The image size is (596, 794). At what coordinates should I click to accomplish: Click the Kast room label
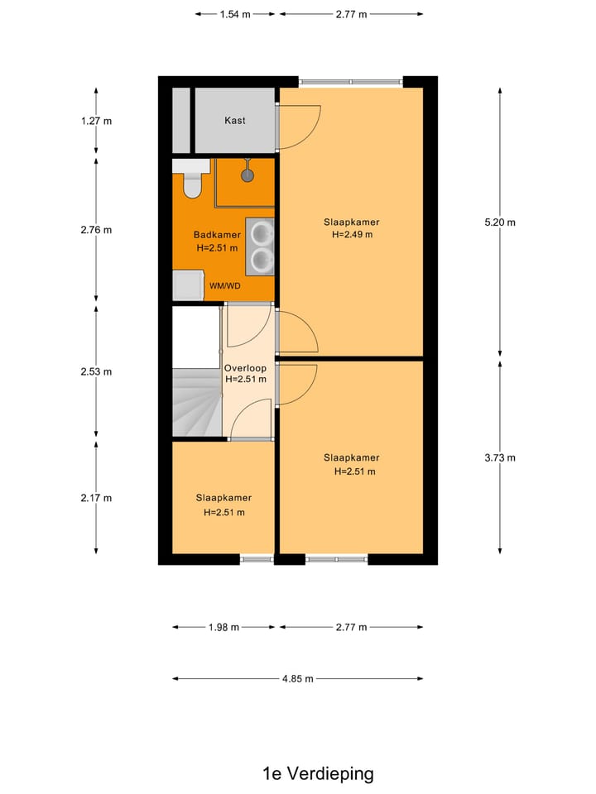pyautogui.click(x=235, y=121)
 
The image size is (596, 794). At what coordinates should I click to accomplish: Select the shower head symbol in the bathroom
pyautogui.click(x=247, y=174)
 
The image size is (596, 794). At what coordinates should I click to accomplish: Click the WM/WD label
pyautogui.click(x=224, y=286)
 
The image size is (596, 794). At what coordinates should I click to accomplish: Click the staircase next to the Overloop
pyautogui.click(x=196, y=404)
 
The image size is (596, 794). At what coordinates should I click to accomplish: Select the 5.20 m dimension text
pyautogui.click(x=499, y=222)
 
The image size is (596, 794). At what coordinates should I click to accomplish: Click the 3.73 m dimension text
pyautogui.click(x=499, y=457)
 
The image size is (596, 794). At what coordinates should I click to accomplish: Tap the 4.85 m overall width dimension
pyautogui.click(x=298, y=679)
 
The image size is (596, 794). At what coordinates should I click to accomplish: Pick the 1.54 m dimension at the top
pyautogui.click(x=235, y=14)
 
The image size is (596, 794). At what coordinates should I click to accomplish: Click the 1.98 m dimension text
pyautogui.click(x=223, y=627)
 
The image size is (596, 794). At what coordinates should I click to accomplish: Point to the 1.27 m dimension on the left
pyautogui.click(x=96, y=121)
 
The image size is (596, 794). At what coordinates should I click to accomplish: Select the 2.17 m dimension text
pyautogui.click(x=96, y=498)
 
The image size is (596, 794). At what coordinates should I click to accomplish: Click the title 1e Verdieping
pyautogui.click(x=318, y=773)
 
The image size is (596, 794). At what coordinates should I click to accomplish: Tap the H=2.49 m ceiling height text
pyautogui.click(x=352, y=235)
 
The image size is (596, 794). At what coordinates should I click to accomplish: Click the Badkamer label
pyautogui.click(x=217, y=235)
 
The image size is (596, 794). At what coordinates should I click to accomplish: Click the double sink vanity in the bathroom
pyautogui.click(x=260, y=246)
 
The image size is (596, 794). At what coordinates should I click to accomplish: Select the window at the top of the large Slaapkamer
pyautogui.click(x=351, y=82)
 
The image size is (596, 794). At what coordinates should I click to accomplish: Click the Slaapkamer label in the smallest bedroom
pyautogui.click(x=223, y=498)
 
